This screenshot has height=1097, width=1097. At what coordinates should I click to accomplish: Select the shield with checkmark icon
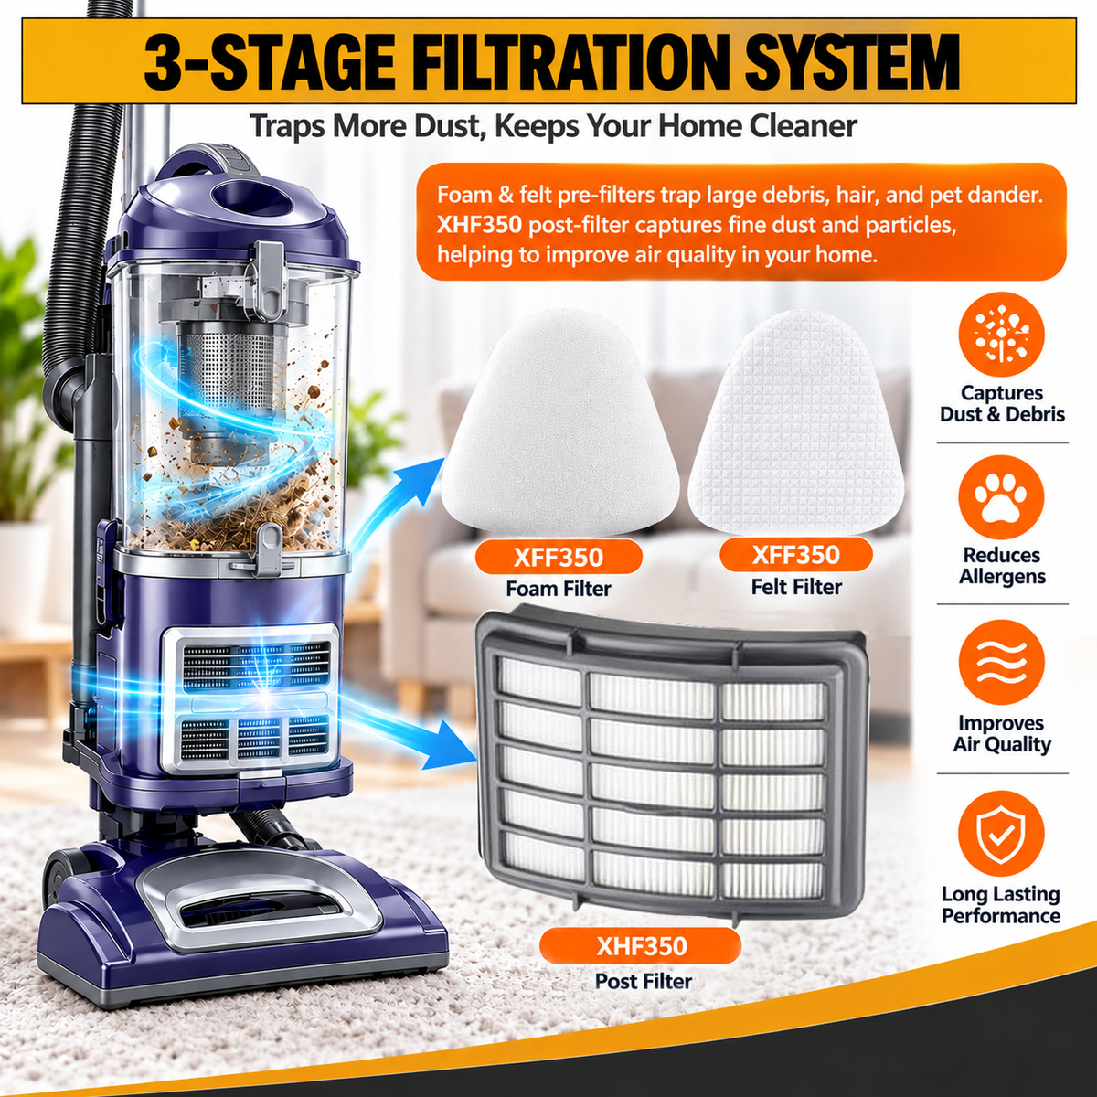point(1001,833)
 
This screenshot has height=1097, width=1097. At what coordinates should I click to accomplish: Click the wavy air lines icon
point(1001,663)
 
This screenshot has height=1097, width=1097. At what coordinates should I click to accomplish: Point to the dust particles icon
point(1001,333)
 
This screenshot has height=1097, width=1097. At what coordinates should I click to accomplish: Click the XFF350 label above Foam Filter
point(559,558)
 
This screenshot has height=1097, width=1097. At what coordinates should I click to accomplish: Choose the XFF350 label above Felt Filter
point(796,555)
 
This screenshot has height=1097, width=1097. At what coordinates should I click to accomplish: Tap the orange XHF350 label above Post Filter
point(642,946)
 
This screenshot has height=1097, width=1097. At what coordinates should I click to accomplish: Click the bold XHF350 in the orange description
point(479,226)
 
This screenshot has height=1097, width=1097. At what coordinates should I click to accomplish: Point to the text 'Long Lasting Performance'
point(1001,905)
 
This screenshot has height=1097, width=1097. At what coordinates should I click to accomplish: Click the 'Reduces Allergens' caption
point(1002,565)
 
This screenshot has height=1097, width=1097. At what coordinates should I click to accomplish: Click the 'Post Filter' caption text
point(644,981)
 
